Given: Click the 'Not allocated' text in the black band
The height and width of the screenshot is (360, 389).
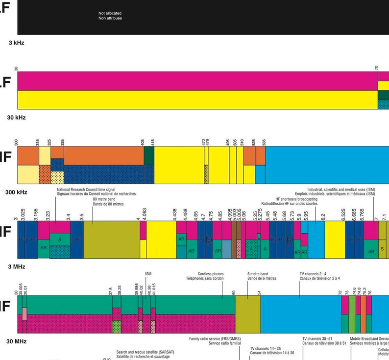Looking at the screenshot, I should click(x=110, y=13).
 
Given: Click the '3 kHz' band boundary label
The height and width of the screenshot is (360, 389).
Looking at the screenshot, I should click(x=16, y=43).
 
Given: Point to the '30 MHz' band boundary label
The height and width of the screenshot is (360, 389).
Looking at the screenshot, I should click(x=16, y=341).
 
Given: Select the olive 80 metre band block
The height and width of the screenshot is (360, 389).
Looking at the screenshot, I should click(x=111, y=240).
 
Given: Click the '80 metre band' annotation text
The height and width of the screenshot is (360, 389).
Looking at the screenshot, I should click(x=105, y=200).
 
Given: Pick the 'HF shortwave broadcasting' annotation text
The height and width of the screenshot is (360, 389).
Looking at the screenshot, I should click(x=296, y=199).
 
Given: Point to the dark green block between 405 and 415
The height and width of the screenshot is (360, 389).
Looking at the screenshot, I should click(x=149, y=156).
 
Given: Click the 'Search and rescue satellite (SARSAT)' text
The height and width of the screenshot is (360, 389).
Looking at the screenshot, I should click(x=145, y=352).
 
